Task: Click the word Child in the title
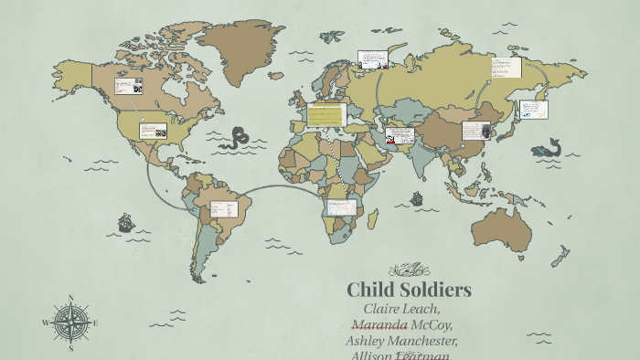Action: tap(370, 291)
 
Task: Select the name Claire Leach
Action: tap(401, 310)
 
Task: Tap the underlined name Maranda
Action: tap(379, 324)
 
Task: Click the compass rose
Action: tap(70, 323)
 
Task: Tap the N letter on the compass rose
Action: tap(70, 298)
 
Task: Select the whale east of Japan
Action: tap(548, 147)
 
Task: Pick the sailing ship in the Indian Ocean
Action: tap(417, 197)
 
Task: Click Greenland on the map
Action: tap(240, 46)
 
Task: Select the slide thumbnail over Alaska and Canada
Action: tap(128, 87)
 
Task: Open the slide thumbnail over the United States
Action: tap(153, 131)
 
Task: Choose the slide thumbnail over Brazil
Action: tap(224, 209)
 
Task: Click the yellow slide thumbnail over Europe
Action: tap(326, 115)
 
